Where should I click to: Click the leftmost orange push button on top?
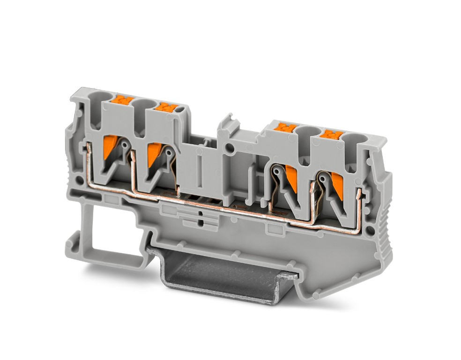(123, 100)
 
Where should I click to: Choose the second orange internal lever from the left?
(153, 154)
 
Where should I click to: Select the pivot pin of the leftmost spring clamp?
(125, 145)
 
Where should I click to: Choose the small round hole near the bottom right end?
(370, 230)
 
